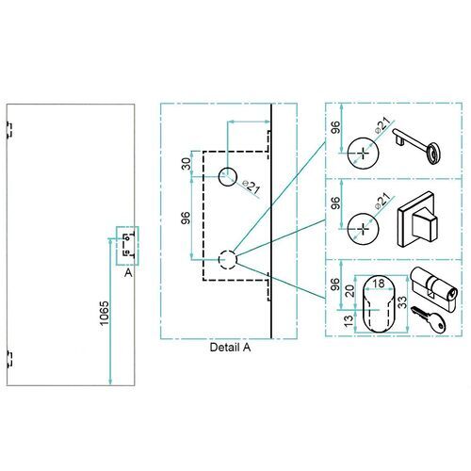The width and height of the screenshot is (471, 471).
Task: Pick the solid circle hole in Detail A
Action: (x=228, y=175)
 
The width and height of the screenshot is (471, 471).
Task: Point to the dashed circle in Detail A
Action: (x=227, y=258)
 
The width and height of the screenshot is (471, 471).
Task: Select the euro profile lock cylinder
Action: (x=434, y=286)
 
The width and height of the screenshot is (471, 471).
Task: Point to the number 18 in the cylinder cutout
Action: (x=379, y=282)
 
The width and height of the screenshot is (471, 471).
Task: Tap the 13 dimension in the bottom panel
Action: (x=349, y=322)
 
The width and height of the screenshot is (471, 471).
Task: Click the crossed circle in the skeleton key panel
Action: (x=362, y=150)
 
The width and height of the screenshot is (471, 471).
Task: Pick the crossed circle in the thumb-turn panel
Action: (x=362, y=226)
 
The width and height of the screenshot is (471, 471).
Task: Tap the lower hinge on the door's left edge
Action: (x=8, y=358)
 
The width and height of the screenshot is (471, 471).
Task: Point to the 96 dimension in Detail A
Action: (x=185, y=218)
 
